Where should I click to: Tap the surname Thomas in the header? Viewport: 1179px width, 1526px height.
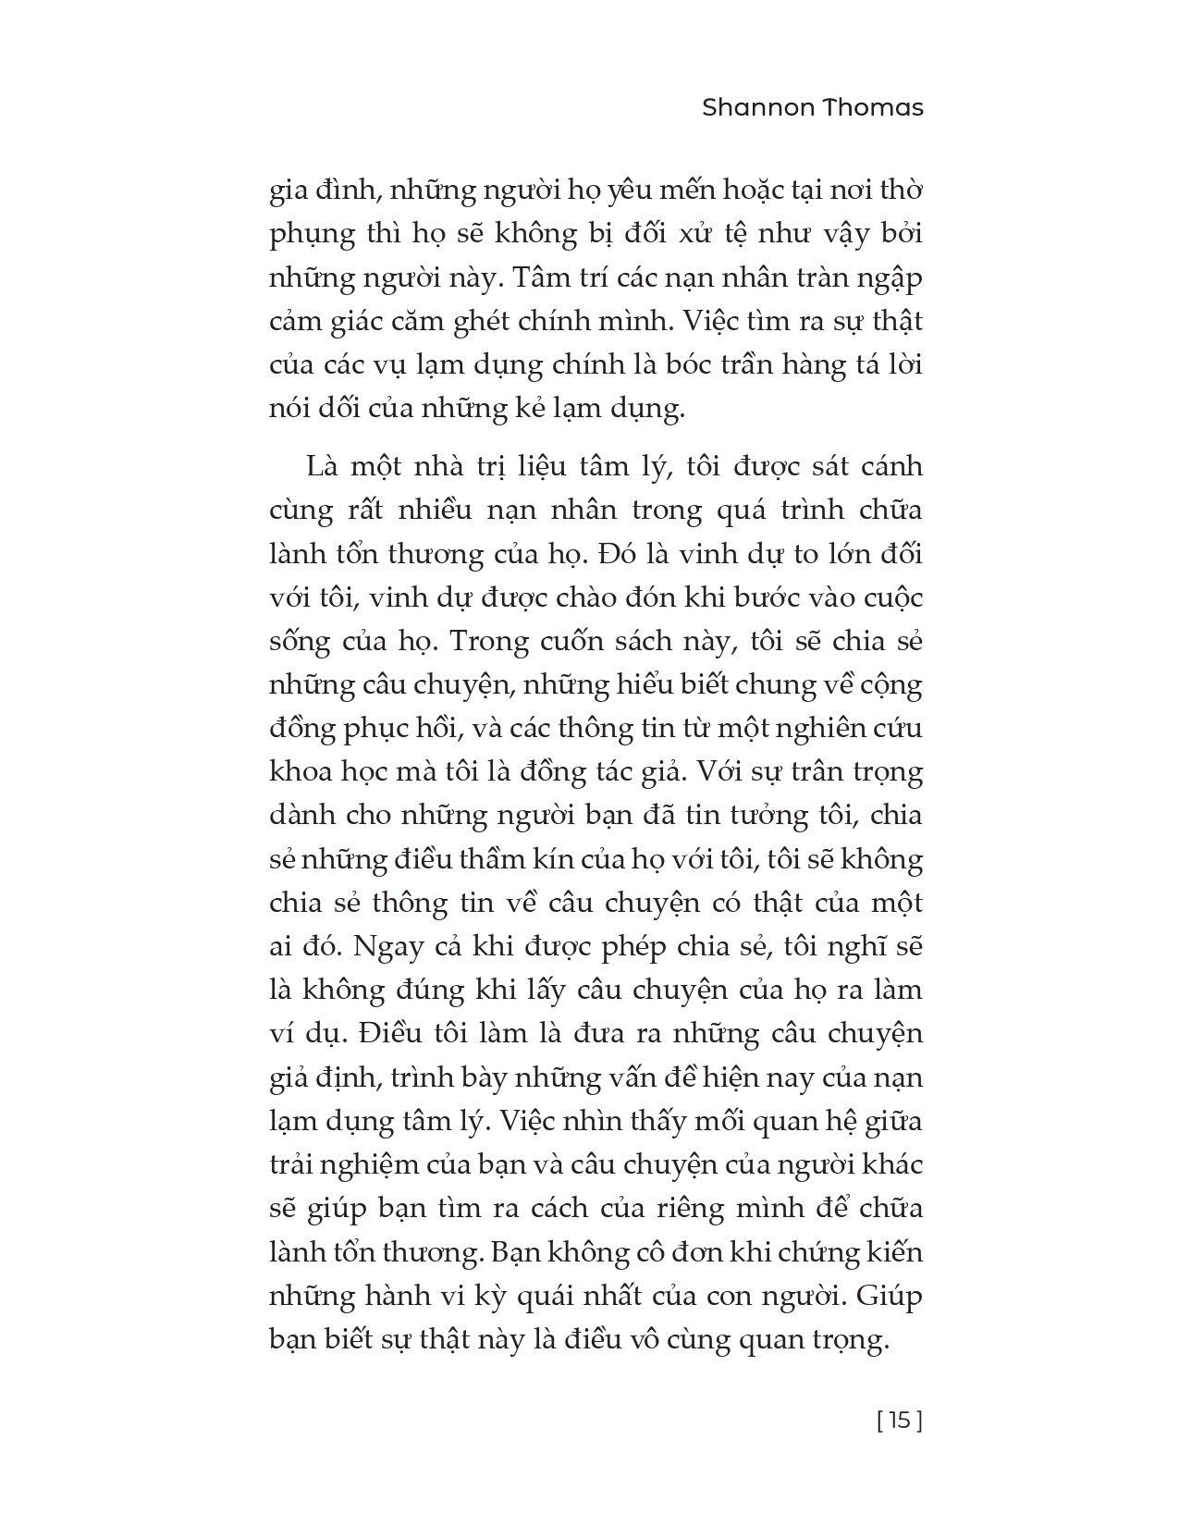coord(874,107)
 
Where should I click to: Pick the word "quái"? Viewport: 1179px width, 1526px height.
coord(584,1296)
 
